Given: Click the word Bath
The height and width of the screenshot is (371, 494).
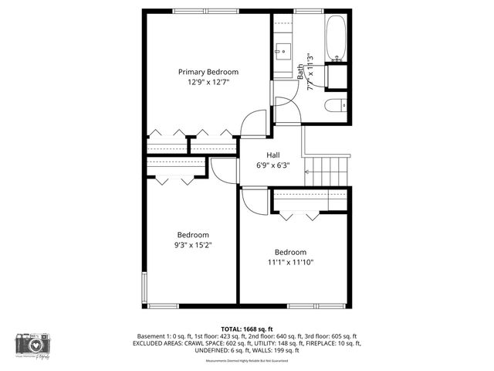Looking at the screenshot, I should click(301, 71).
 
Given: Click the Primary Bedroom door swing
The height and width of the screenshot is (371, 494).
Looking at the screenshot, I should click(253, 124).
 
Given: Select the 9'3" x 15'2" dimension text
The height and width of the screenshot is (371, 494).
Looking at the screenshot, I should click(193, 245).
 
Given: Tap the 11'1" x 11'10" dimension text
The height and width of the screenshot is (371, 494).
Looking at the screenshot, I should click(290, 262).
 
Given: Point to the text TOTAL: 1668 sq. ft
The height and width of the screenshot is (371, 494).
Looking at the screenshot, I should click(246, 328).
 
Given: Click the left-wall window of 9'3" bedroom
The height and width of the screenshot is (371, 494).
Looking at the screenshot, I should click(144, 287).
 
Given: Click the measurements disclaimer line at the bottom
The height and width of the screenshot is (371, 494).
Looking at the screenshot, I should click(246, 361).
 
